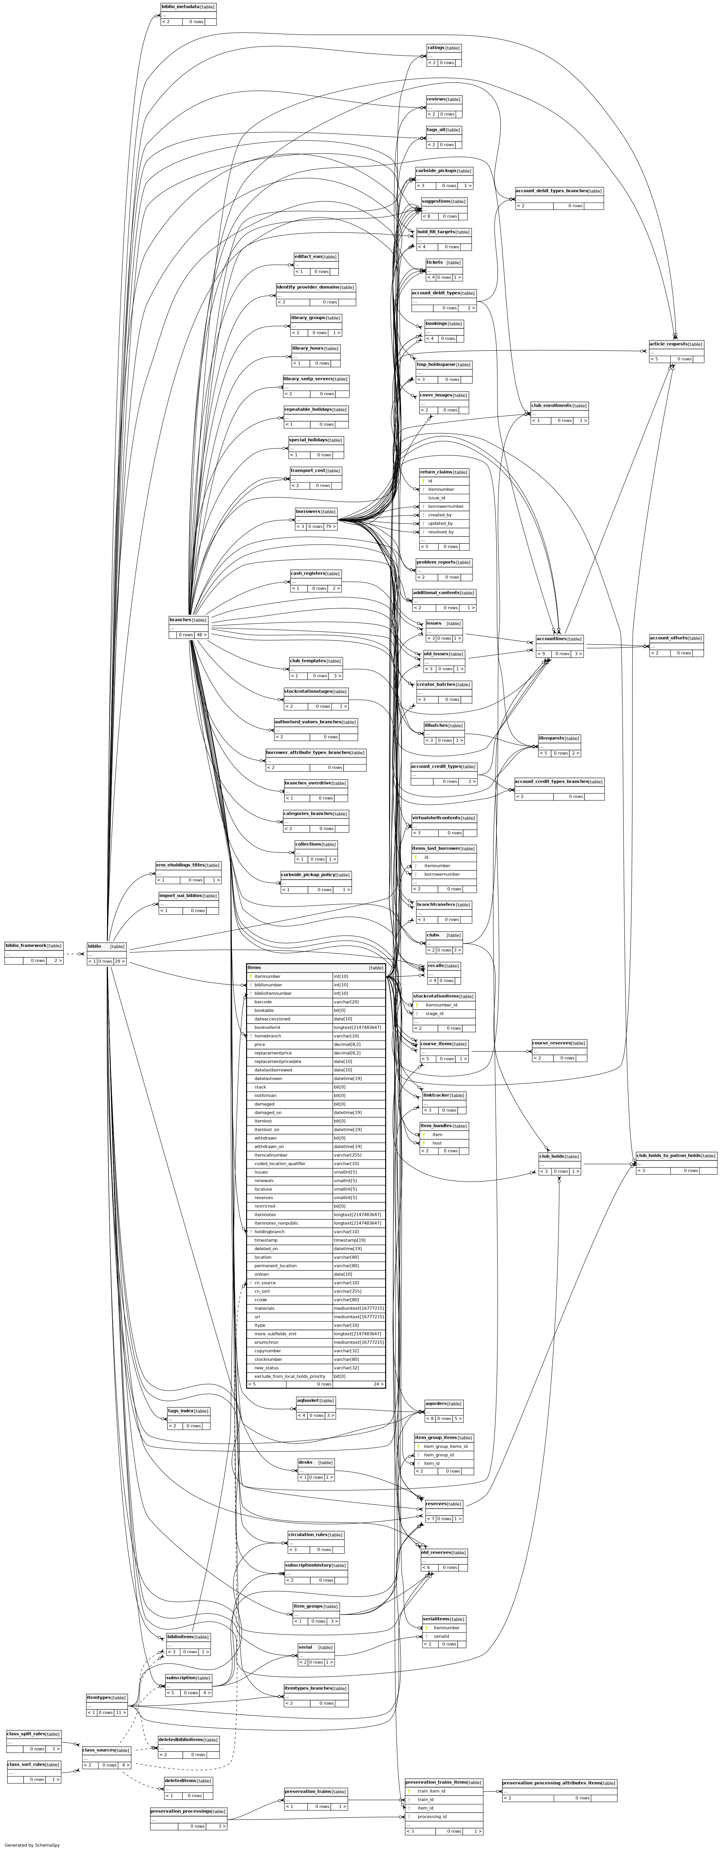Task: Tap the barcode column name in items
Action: (263, 1002)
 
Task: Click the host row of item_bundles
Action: (437, 1143)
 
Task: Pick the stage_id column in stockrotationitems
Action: (434, 1013)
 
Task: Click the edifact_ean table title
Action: (308, 256)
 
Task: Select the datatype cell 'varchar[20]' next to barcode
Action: (346, 1002)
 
